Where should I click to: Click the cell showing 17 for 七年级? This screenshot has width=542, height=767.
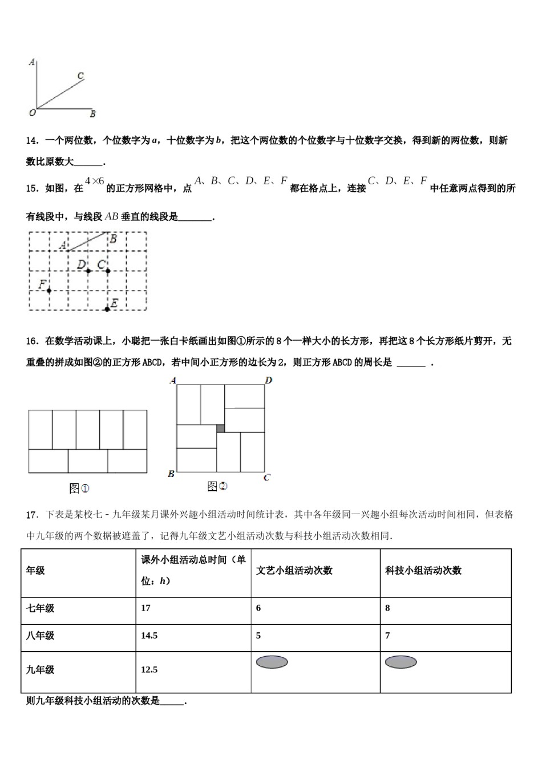click(146, 608)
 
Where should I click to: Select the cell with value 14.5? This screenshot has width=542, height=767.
click(149, 635)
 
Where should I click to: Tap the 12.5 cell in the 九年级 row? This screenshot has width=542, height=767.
click(149, 669)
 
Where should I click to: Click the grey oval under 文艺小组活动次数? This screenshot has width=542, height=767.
click(272, 662)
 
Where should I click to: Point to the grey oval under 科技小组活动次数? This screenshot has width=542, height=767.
click(401, 662)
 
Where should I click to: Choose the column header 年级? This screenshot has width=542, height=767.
click(35, 570)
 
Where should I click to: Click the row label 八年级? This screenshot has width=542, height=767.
click(40, 635)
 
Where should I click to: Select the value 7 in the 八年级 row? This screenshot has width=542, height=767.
click(387, 635)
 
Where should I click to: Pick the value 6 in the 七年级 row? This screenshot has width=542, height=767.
click(258, 608)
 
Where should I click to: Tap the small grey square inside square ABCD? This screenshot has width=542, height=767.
click(220, 428)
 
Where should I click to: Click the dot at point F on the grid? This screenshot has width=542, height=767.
click(49, 290)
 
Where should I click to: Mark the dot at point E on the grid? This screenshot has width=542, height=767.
click(107, 309)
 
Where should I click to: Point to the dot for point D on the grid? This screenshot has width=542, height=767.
click(88, 271)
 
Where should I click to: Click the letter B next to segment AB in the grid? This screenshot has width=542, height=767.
click(114, 239)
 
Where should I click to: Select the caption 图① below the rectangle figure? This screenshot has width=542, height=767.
click(79, 489)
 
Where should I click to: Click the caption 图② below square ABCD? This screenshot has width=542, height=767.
click(217, 486)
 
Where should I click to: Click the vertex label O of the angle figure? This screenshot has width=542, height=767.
click(32, 113)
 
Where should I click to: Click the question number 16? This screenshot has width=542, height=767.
click(32, 341)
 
